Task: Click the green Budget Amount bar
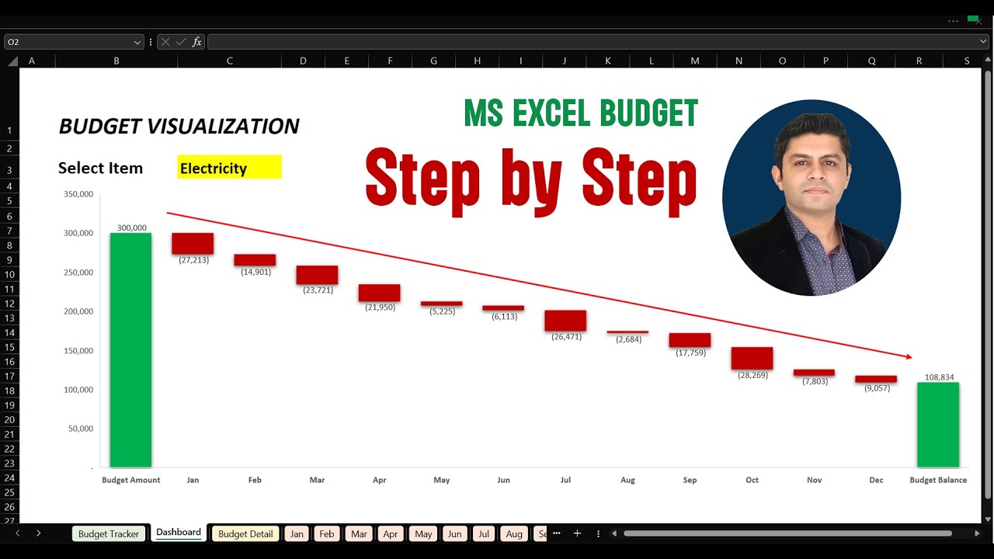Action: point(130,349)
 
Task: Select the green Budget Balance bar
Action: point(938,425)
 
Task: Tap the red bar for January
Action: point(193,243)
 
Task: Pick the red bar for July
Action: point(565,321)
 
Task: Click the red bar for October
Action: point(752,358)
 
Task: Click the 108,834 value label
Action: point(939,377)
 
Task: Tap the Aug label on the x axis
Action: point(627,480)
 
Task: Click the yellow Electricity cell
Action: point(229,168)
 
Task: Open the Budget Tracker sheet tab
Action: point(109,534)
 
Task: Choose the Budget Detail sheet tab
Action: point(245,534)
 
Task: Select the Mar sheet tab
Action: point(359,534)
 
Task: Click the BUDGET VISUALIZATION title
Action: point(179,126)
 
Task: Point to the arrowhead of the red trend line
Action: point(909,357)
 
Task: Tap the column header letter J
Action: point(564,61)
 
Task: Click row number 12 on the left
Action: point(9,304)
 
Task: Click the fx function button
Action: point(197,42)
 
